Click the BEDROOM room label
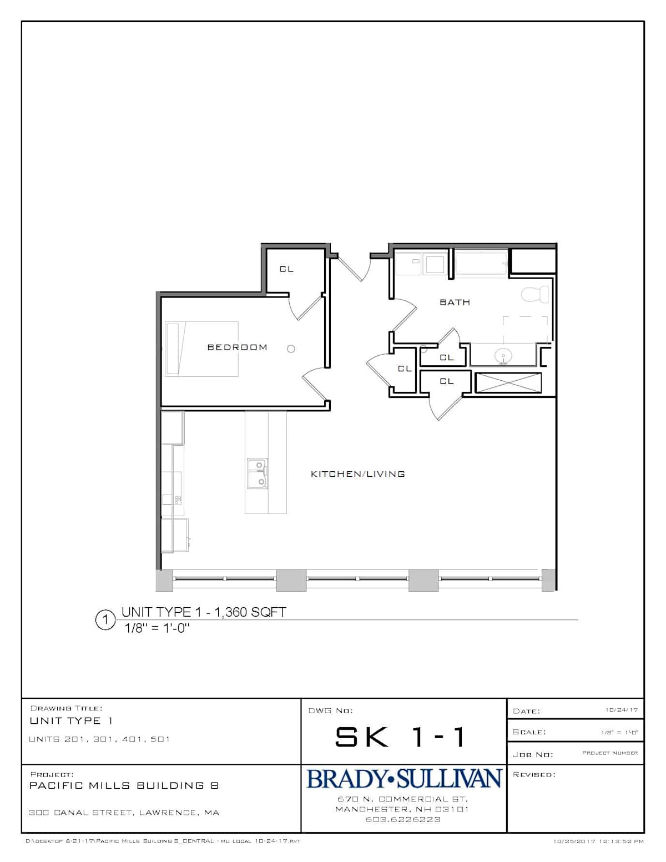(237, 347)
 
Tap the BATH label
(455, 303)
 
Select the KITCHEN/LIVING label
(357, 473)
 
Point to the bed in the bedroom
(201, 349)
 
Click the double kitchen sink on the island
(258, 473)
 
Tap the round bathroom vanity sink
(503, 355)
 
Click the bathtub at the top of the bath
(481, 262)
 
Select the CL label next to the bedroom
(286, 269)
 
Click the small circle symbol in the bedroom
(291, 349)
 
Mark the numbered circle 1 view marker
(105, 619)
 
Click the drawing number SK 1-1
(400, 737)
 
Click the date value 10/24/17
(621, 710)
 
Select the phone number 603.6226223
(403, 819)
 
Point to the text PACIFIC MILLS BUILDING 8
(124, 785)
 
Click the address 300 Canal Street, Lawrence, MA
(124, 813)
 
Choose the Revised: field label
(534, 774)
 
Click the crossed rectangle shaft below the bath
(508, 383)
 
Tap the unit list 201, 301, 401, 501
(99, 739)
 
